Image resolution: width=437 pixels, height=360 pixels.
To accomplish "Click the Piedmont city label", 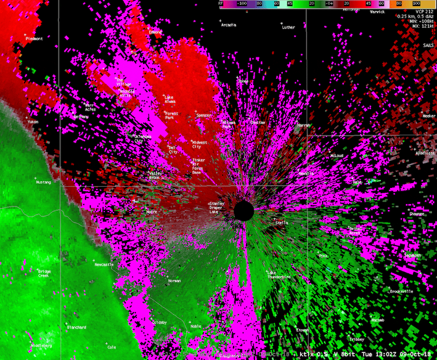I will click(x=34, y=39).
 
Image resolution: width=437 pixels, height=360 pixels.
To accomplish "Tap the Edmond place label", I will click(x=155, y=32).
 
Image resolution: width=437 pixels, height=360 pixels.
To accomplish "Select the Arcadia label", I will click(x=228, y=25).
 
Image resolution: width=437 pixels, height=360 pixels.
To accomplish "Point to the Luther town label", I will click(x=288, y=27).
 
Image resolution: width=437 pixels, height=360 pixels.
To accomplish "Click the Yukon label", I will click(x=33, y=122).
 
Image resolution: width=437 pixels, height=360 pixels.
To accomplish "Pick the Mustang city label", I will click(x=43, y=182).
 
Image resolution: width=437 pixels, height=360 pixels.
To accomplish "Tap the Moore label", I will click(x=151, y=212).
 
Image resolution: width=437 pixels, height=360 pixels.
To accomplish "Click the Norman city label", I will click(x=174, y=281).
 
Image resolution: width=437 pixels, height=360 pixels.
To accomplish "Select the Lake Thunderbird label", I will click(x=279, y=275).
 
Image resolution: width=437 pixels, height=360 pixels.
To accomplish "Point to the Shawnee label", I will click(x=417, y=214).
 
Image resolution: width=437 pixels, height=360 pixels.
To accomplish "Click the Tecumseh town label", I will click(x=412, y=255).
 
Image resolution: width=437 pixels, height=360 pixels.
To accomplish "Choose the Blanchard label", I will click(x=76, y=328).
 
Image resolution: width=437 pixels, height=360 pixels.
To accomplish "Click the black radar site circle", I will click(x=244, y=211).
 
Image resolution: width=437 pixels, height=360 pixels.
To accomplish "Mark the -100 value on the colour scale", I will click(x=242, y=3).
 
